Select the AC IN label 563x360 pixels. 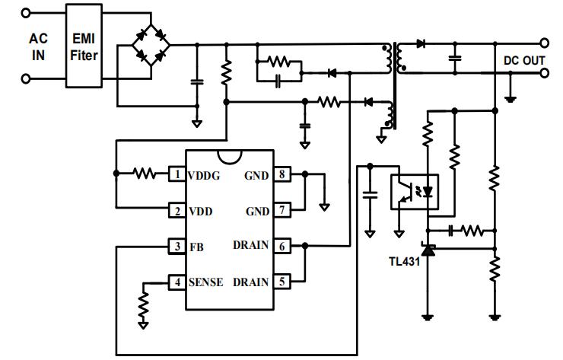38,46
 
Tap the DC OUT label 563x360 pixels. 523,60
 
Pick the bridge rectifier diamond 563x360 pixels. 151,46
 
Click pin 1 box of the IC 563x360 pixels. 177,174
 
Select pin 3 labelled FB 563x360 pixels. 177,247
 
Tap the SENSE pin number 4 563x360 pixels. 177,282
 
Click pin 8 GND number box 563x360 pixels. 281,174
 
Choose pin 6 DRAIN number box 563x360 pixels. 281,246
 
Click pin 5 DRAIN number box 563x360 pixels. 281,282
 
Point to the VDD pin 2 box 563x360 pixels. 177,210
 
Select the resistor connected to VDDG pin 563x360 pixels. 145,174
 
